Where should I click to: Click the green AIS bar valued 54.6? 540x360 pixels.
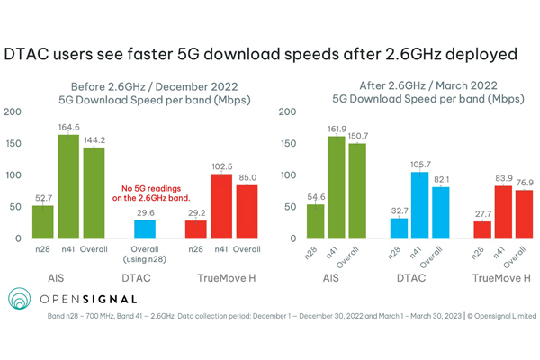[x=314, y=221]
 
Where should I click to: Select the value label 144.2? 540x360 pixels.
[x=94, y=140]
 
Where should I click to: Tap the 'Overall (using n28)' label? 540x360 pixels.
[x=138, y=255]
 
